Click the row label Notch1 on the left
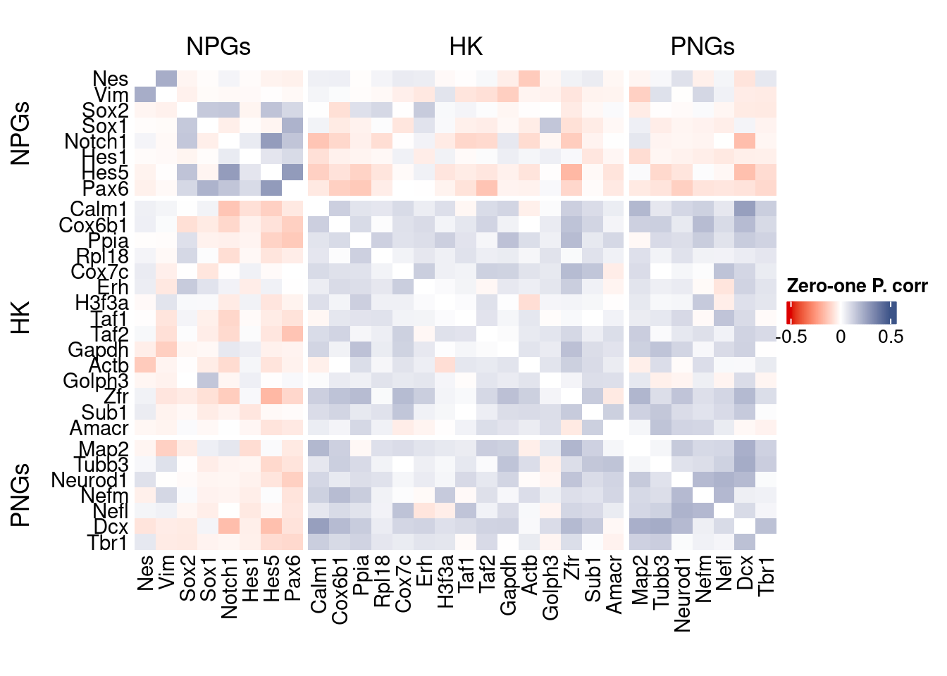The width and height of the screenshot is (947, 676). pos(95,142)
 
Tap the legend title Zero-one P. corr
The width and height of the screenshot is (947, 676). pos(857,286)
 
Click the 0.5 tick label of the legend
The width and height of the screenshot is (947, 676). pos(891,337)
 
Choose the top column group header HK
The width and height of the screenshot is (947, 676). pos(466,46)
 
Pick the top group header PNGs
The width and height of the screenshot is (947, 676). pos(702,46)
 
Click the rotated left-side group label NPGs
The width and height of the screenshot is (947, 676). pos(21,133)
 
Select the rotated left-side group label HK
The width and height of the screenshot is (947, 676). pos(21,318)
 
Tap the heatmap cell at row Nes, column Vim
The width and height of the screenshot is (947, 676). pos(166,79)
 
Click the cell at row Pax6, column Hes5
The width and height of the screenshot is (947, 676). pos(271,188)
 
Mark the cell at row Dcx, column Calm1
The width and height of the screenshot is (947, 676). pos(318,526)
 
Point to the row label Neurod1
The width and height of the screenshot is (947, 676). pos(89,480)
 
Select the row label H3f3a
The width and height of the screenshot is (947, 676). pos(101,303)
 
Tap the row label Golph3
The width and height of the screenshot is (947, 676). pos(95,381)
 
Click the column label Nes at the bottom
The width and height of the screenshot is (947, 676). pos(145,573)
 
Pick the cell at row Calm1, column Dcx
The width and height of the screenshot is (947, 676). pos(745,209)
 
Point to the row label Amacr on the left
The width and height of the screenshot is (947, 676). pos(99,427)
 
